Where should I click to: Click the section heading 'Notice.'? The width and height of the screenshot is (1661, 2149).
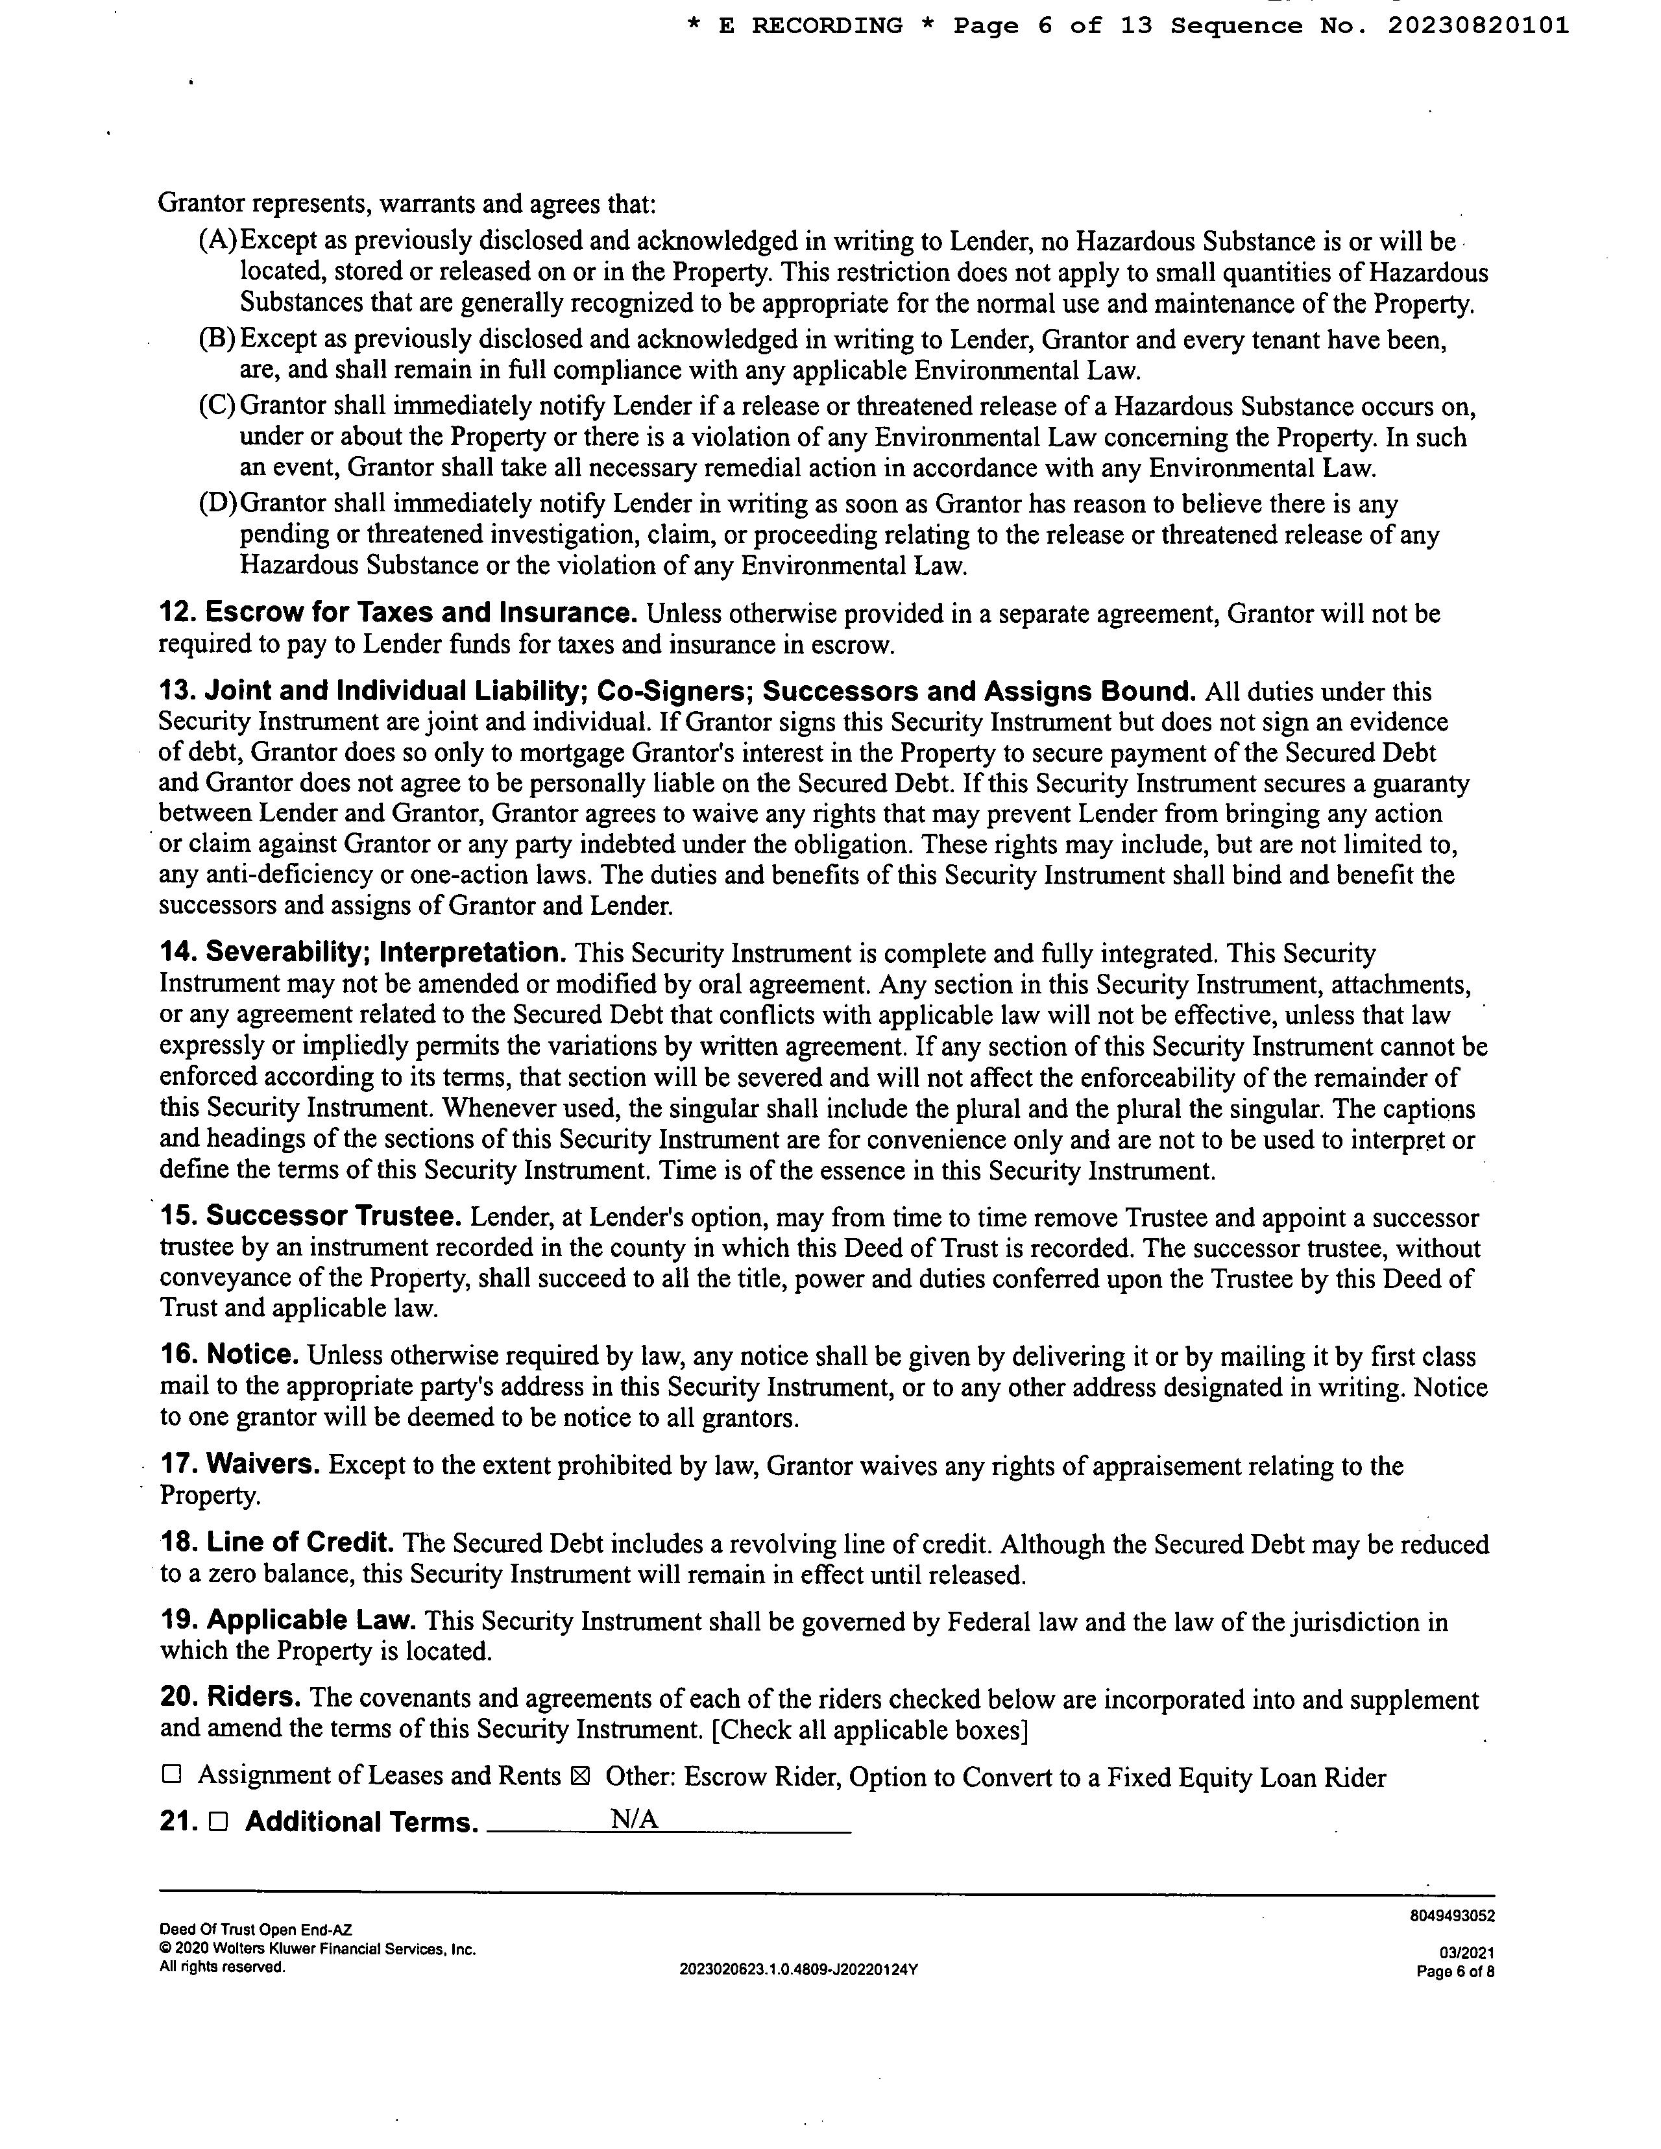(x=253, y=1355)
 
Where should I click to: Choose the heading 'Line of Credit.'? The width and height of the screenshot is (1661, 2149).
(x=300, y=1543)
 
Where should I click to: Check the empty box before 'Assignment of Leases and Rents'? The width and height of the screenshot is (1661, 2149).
(x=172, y=1775)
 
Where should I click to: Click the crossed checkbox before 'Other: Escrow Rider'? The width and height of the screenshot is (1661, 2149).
(x=579, y=1776)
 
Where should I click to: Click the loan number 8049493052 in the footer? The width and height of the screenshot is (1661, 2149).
(x=1451, y=1916)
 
